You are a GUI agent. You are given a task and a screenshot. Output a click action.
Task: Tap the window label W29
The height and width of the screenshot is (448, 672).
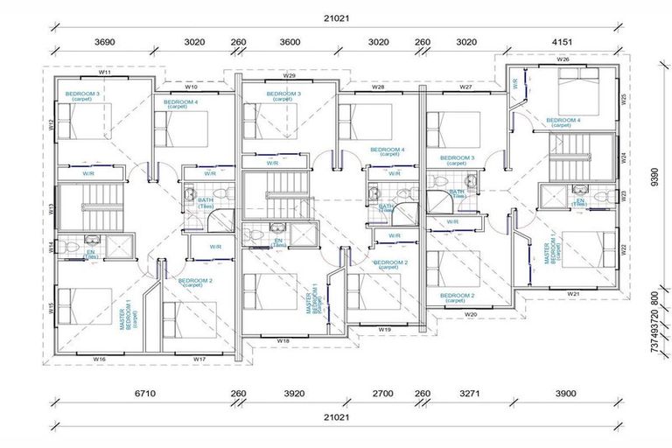289,76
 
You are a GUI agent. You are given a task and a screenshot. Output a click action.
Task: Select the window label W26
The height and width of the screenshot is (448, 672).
563,59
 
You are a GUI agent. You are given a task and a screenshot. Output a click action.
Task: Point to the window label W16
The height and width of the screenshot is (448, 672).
99,359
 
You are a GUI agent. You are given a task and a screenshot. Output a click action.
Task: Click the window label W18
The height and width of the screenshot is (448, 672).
283,340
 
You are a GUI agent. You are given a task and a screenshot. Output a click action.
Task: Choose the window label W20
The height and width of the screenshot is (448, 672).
471,313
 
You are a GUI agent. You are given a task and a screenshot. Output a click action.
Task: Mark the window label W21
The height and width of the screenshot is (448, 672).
574,294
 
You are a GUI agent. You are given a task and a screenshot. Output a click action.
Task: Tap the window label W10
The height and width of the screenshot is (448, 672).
191,87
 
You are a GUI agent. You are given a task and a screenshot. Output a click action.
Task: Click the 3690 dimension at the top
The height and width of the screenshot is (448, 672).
105,40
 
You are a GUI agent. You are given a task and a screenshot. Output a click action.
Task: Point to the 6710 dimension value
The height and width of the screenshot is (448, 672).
144,395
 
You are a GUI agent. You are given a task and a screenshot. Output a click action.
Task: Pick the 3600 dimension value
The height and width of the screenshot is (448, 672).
290,40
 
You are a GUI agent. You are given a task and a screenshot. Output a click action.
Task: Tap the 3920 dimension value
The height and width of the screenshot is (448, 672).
294,395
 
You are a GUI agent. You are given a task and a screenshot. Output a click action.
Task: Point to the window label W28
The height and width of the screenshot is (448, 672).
378,87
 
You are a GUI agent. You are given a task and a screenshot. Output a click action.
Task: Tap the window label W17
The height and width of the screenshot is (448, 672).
199,359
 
